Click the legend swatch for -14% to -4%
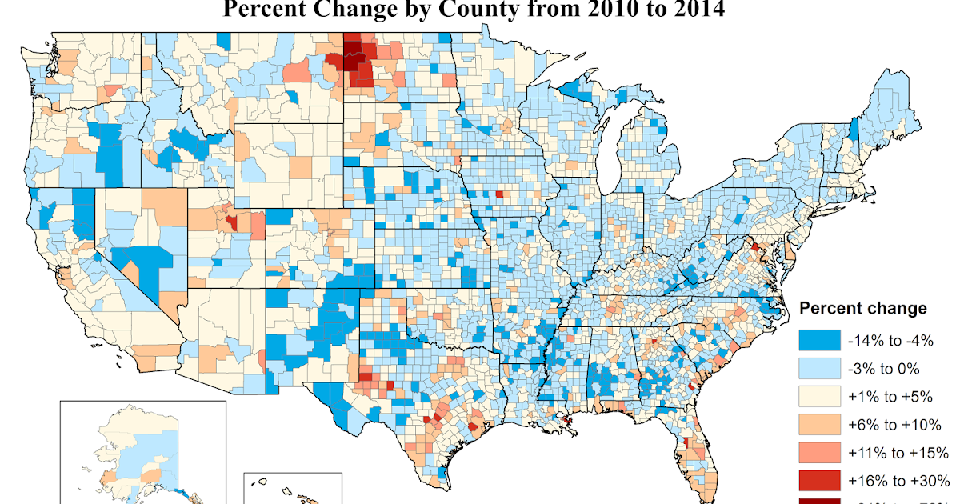tap(820, 340)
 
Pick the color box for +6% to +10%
tap(820, 424)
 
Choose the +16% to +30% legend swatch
tap(820, 480)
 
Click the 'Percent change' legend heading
tap(863, 309)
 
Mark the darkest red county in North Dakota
tap(352, 62)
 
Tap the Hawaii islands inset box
tap(292, 488)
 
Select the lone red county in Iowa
tap(499, 194)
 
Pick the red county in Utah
tap(231, 222)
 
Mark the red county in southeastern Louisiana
tap(566, 421)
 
